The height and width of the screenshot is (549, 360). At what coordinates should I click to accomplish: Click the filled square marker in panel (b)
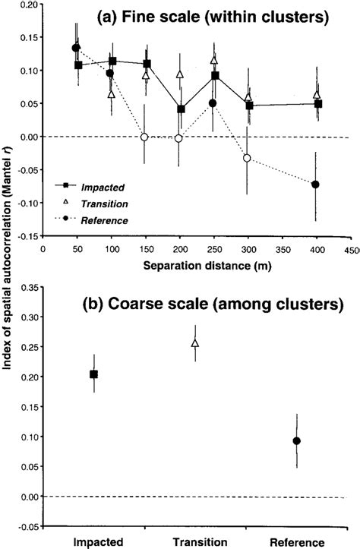point(94,374)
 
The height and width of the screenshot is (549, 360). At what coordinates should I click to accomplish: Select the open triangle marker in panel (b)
point(195,343)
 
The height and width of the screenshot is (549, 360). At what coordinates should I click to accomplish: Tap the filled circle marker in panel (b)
point(297,440)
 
